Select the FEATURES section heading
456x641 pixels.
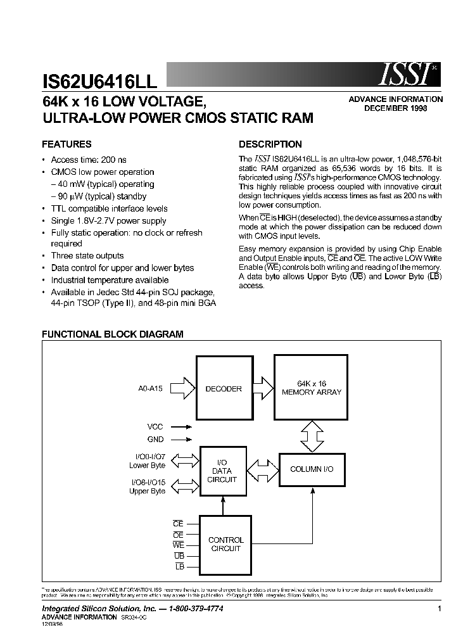tap(66, 144)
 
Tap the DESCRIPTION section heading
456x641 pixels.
tap(270, 144)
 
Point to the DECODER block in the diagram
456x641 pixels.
tap(224, 388)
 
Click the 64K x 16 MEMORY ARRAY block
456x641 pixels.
tap(311, 388)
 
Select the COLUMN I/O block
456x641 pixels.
tap(312, 469)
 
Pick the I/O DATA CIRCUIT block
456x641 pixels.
tap(222, 471)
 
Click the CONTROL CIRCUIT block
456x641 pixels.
tap(225, 544)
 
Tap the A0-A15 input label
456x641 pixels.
tap(150, 388)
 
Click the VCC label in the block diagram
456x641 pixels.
tap(155, 427)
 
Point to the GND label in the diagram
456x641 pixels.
tap(155, 439)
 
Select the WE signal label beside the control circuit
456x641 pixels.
tap(178, 544)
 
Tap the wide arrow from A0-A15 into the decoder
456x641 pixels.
tap(182, 388)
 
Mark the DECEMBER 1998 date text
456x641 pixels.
tap(395, 108)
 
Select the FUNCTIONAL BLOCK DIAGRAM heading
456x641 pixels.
tap(113, 334)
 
